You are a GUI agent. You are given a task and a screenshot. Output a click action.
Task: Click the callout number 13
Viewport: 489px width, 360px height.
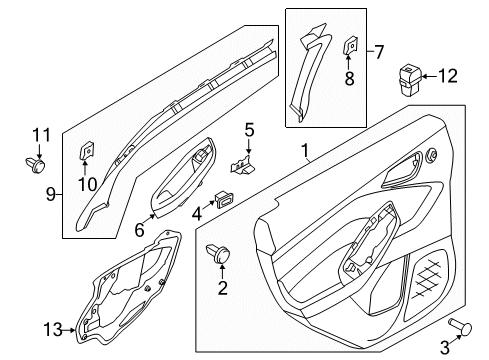(53, 330)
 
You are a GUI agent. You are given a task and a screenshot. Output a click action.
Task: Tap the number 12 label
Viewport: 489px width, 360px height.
(448, 76)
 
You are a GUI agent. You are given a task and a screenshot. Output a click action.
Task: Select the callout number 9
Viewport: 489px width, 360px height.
(51, 194)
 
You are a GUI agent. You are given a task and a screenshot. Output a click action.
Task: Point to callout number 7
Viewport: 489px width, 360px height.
(379, 52)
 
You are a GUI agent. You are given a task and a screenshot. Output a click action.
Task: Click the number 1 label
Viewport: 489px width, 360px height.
(305, 151)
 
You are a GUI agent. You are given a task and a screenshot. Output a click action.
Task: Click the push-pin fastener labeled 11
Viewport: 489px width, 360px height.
(35, 164)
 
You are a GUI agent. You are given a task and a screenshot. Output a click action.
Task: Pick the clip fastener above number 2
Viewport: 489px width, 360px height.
(218, 253)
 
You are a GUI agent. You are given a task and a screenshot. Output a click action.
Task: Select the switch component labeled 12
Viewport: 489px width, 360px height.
(410, 80)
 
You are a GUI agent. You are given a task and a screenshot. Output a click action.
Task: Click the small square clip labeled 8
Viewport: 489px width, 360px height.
(349, 45)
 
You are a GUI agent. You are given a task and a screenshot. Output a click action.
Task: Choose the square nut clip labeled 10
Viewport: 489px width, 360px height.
(86, 150)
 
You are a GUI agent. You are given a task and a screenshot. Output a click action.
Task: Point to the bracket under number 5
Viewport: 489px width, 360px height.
(242, 164)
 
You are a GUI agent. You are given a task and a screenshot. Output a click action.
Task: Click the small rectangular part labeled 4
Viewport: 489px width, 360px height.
(225, 198)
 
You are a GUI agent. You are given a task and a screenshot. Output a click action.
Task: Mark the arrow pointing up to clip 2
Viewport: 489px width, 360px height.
(222, 272)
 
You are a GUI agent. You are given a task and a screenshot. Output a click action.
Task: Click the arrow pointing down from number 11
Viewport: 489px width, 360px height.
(39, 151)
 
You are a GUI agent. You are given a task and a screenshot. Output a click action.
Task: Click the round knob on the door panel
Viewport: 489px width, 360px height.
(432, 155)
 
